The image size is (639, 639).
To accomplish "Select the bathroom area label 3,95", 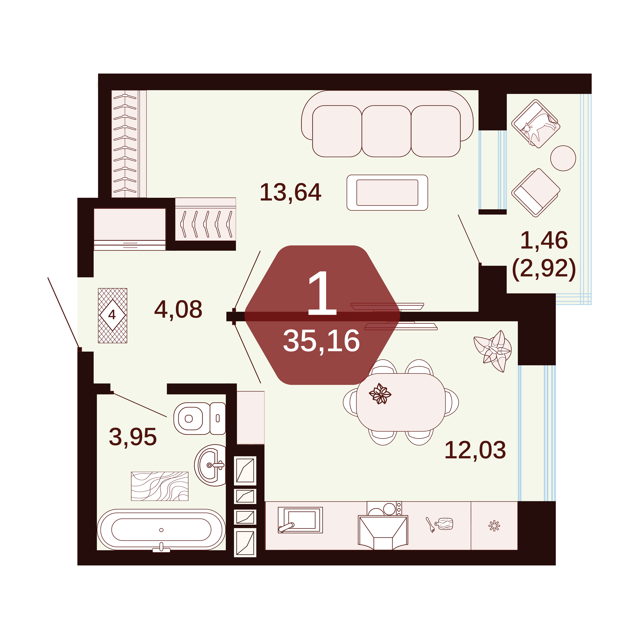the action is click(x=133, y=437).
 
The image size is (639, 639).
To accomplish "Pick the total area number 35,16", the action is click(x=321, y=341).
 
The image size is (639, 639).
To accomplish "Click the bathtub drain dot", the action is click(x=161, y=530).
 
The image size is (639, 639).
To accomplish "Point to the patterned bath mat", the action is click(x=160, y=486).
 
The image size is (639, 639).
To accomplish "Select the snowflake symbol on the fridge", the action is click(x=494, y=526).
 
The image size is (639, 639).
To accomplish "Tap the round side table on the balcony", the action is click(x=563, y=158).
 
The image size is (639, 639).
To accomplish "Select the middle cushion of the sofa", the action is click(x=386, y=131).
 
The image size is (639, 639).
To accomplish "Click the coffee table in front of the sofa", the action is click(x=387, y=193).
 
